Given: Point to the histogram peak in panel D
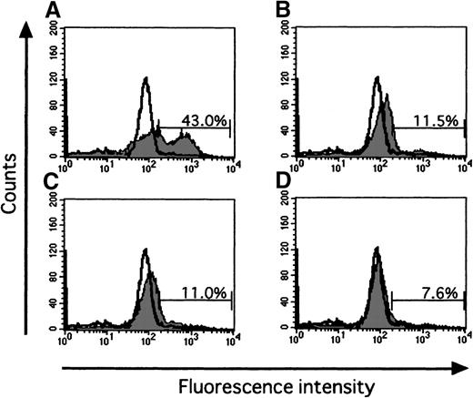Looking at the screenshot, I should (377, 273).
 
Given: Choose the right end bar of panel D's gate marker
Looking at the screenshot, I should (465, 296).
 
